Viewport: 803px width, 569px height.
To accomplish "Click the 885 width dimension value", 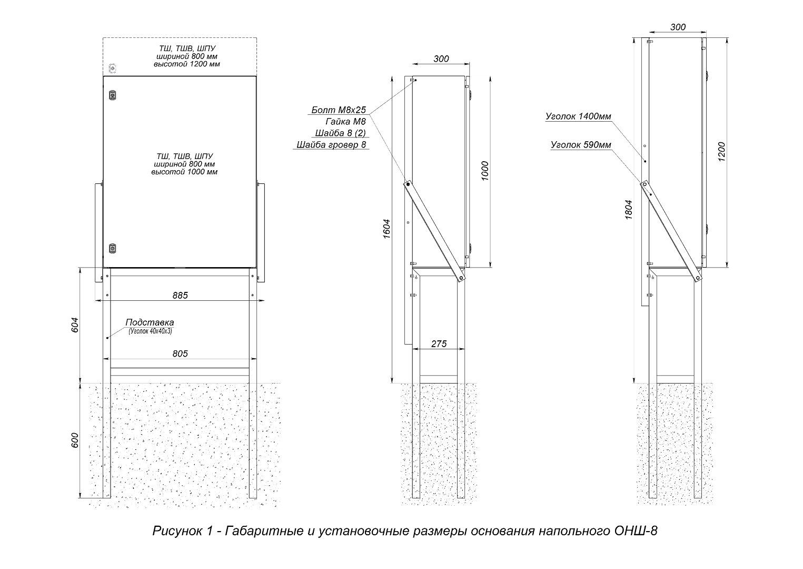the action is (x=180, y=295).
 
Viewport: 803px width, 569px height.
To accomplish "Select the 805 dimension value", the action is (x=180, y=354).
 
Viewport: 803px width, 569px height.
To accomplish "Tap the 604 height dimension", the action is (x=75, y=325).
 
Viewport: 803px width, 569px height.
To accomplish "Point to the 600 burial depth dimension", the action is (x=75, y=440).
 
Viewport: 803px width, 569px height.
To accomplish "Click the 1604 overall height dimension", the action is (x=386, y=229).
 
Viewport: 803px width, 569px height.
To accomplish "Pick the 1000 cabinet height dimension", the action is (x=485, y=171).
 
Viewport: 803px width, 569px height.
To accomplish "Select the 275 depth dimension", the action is (x=439, y=344).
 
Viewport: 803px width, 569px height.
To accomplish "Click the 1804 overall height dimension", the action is (x=628, y=210).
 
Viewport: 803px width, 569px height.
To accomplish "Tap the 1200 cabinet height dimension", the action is (x=721, y=152).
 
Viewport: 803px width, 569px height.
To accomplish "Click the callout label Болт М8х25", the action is (x=339, y=110).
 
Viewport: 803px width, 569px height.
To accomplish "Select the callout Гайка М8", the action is (x=345, y=122).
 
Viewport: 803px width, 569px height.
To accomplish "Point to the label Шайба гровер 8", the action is (x=331, y=144).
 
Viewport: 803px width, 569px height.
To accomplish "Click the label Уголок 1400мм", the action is (x=578, y=116).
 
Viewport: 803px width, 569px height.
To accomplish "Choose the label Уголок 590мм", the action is (x=581, y=144).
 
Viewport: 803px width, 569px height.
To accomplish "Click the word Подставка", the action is (x=150, y=322).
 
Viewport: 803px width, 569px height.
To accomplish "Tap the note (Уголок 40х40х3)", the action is (x=150, y=331).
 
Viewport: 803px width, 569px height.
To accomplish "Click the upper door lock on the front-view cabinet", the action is (x=113, y=95).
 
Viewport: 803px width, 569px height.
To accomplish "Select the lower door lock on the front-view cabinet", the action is (x=113, y=248).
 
